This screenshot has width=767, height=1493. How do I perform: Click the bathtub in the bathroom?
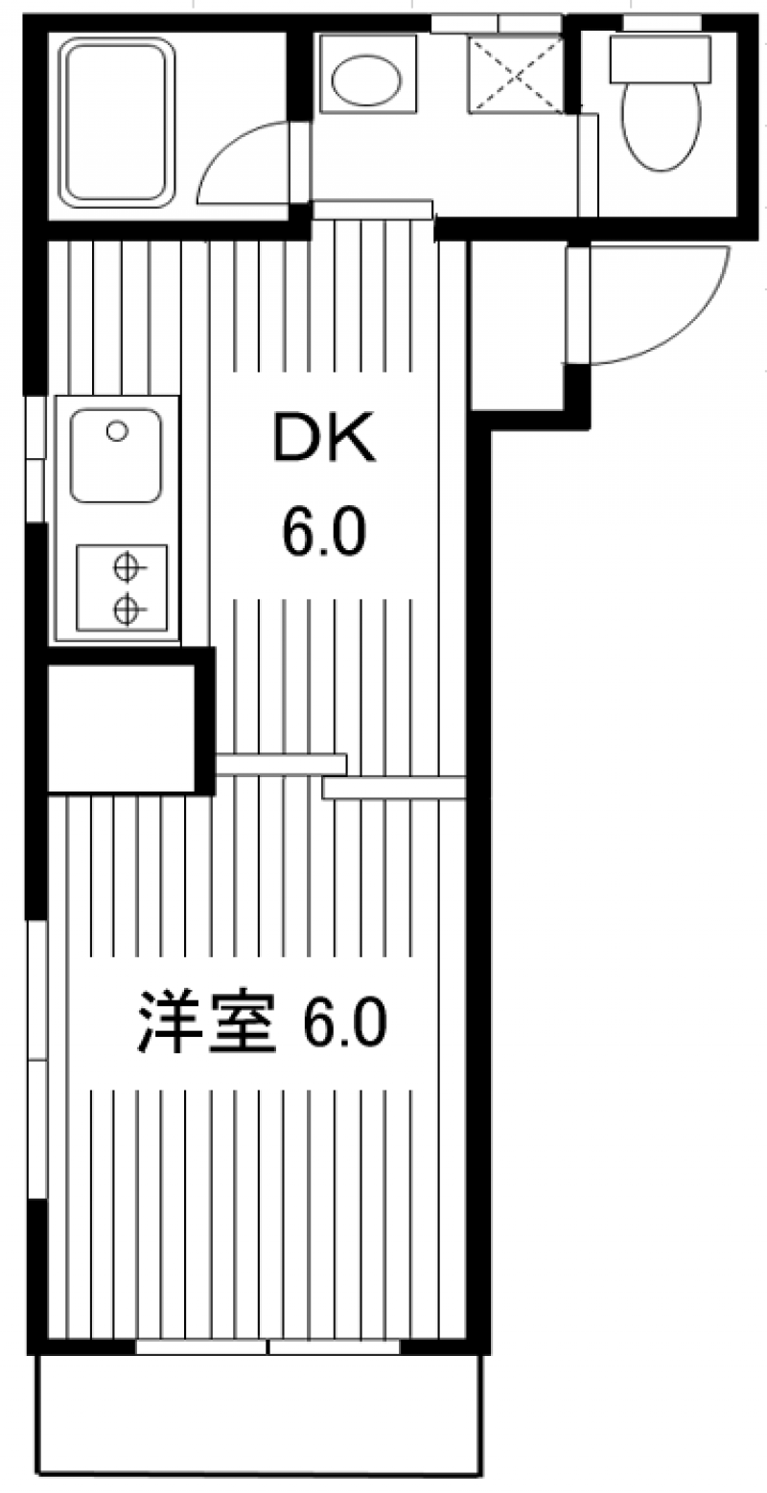coord(117,122)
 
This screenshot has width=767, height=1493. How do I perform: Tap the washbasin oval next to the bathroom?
coord(365,80)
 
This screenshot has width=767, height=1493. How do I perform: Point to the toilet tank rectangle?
coord(660,57)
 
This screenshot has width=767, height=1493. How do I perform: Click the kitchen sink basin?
coord(115,456)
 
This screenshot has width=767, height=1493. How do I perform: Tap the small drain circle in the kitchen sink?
coord(117,431)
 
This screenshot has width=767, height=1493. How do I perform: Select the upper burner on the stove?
coord(125,568)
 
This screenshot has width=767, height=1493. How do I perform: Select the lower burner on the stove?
coord(125,608)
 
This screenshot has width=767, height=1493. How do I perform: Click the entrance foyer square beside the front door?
coord(518,326)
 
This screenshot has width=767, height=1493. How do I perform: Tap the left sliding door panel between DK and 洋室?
coord(280,764)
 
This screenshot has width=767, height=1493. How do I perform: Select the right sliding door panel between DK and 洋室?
coord(394,788)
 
